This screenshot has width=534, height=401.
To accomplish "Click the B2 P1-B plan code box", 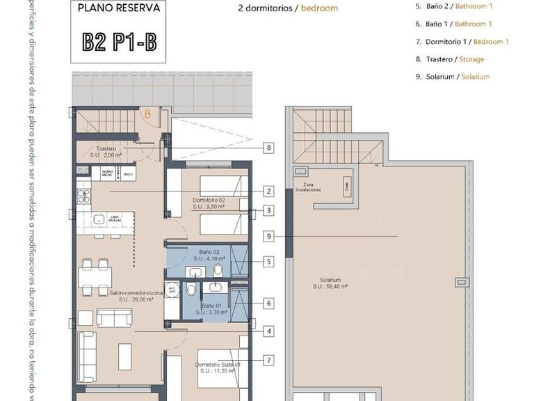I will coord(120,41).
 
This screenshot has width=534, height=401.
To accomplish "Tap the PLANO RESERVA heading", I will coord(119,9).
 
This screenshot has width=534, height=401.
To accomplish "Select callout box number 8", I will coord(268,148).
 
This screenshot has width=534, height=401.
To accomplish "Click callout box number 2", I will coord(268,191).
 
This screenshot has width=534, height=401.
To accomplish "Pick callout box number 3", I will coord(268,211).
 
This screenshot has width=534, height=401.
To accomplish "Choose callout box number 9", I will coord(268,237).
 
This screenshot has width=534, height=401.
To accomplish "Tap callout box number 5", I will coord(268,262).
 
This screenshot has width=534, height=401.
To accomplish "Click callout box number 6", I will coord(268,304).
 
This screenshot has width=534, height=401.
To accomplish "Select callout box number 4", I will coord(268,331).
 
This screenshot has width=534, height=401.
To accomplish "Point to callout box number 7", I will coord(268,360).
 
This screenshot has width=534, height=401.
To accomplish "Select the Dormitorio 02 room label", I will coord(209,203).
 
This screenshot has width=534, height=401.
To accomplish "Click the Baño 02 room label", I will coord(209,255).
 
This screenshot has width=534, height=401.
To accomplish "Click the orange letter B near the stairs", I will coord(147,113).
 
